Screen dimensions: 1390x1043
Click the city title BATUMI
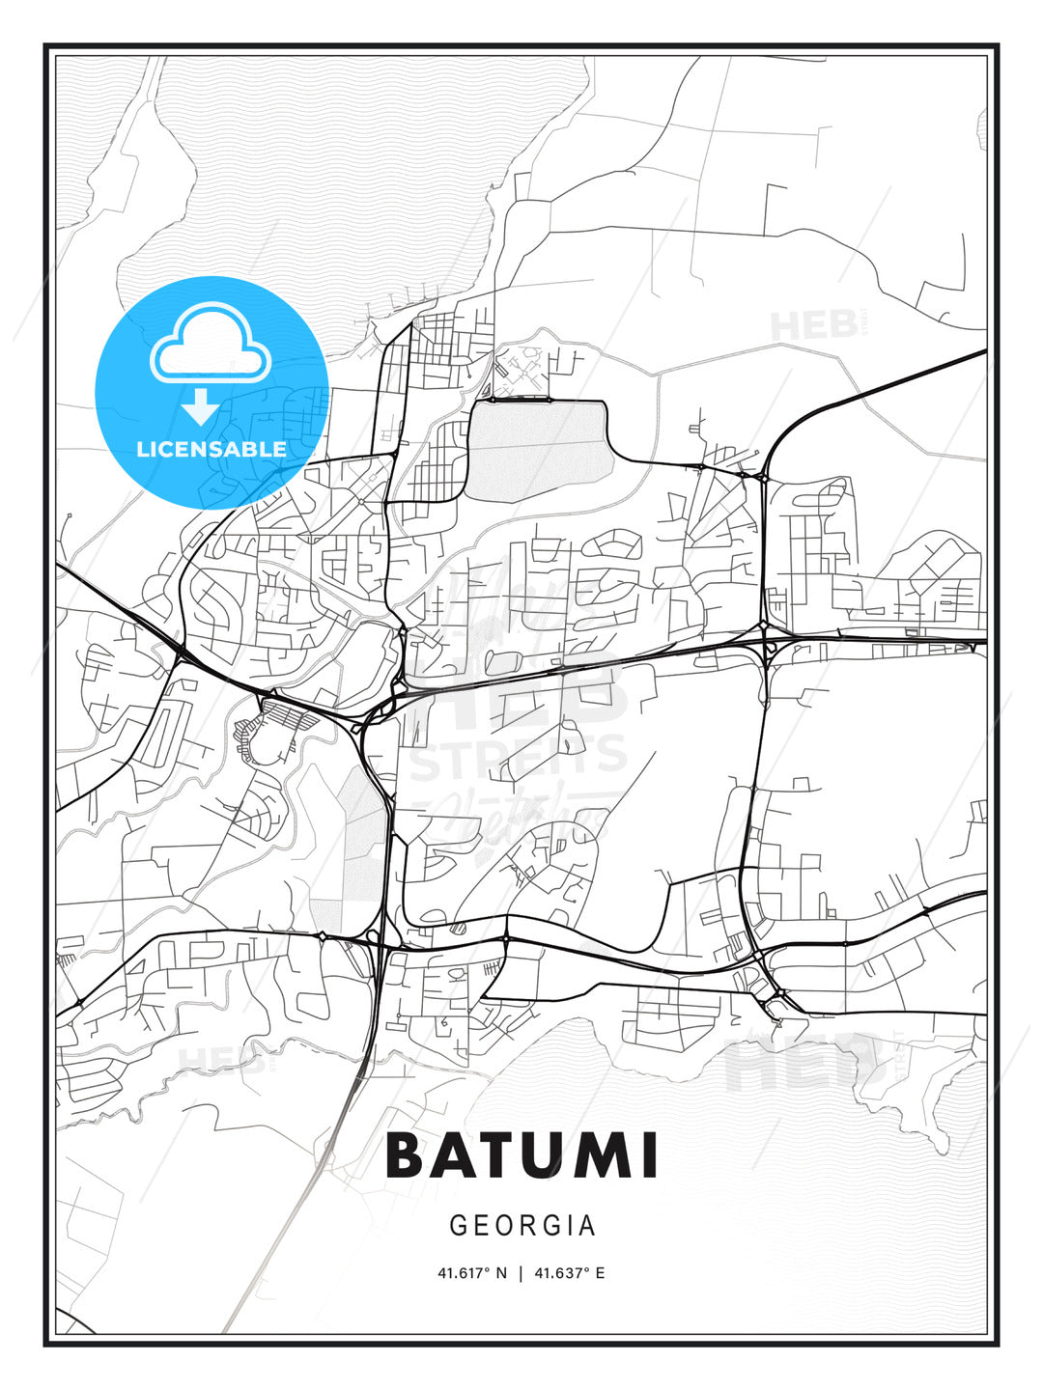(x=521, y=1155)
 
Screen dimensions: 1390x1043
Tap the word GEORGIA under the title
(x=522, y=1226)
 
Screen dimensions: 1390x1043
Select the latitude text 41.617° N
(x=472, y=1273)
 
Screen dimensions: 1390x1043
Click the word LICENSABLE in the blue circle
(x=211, y=449)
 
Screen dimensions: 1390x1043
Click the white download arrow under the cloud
(x=201, y=406)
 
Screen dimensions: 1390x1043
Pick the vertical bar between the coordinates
(x=521, y=1273)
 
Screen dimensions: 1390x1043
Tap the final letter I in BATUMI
(x=649, y=1155)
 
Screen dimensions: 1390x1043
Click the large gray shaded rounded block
(x=541, y=449)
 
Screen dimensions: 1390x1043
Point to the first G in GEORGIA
(x=458, y=1226)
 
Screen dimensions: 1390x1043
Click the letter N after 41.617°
(x=500, y=1273)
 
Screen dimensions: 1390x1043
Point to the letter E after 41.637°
(x=600, y=1273)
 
